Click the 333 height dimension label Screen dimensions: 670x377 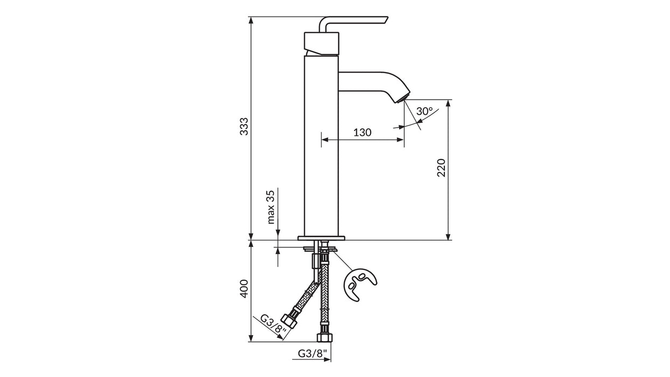coord(244,126)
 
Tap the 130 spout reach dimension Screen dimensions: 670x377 coord(362,132)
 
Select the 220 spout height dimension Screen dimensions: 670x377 coord(441,168)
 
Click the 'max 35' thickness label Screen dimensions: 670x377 coord(271,207)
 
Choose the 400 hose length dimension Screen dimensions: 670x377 coord(244,289)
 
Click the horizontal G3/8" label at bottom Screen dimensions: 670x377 coord(311,354)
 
